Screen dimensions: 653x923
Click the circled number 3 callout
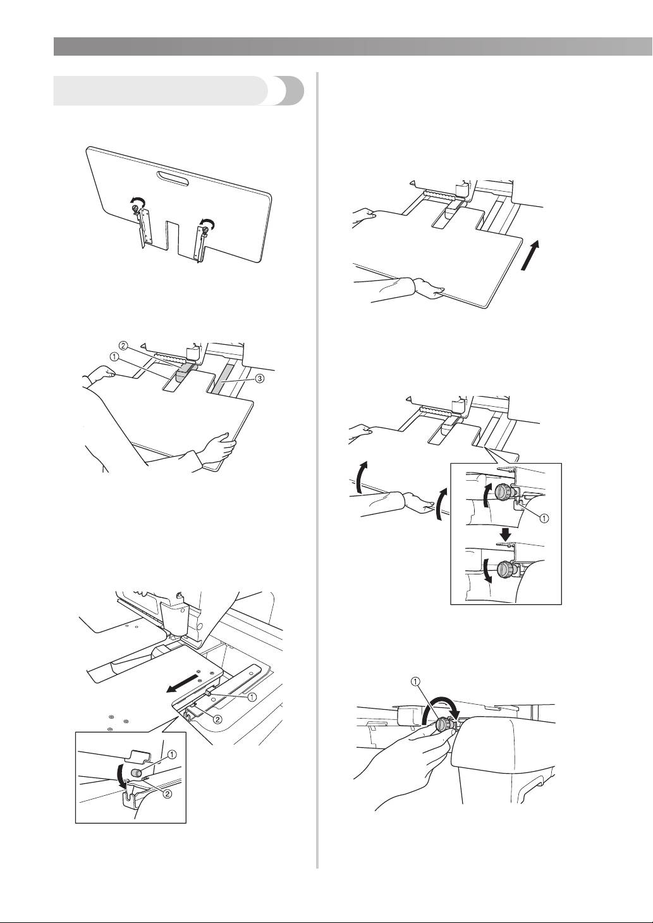pos(259,379)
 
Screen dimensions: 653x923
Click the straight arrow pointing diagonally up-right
pos(530,256)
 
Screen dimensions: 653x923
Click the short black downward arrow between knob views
pos(506,534)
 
